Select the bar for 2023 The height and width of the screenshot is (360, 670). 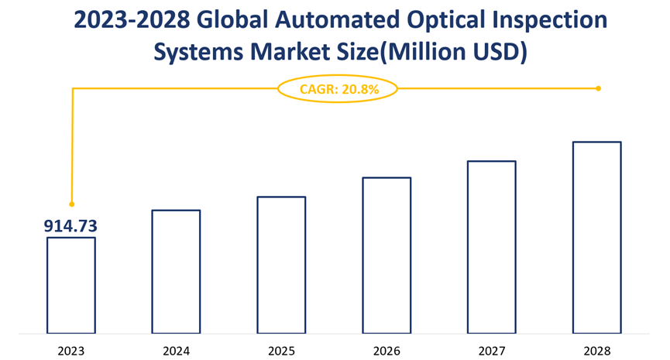pyautogui.click(x=71, y=285)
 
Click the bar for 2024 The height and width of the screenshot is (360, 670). pyautogui.click(x=176, y=271)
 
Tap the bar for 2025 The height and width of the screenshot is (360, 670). pyautogui.click(x=281, y=265)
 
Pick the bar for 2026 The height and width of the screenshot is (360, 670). pyautogui.click(x=387, y=255)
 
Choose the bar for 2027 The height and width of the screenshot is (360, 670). pyautogui.click(x=491, y=247)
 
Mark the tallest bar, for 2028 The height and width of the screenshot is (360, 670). pyautogui.click(x=596, y=237)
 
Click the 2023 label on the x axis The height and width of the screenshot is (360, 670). pyautogui.click(x=71, y=350)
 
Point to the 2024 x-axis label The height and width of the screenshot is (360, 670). pyautogui.click(x=176, y=350)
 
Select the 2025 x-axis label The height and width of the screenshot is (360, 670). pyautogui.click(x=281, y=350)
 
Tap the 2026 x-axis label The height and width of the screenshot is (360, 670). pyautogui.click(x=387, y=350)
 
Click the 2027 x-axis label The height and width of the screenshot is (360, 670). pyautogui.click(x=491, y=350)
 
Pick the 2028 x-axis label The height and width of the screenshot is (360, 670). pyautogui.click(x=596, y=350)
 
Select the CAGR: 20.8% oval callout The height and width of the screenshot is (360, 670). pyautogui.click(x=338, y=89)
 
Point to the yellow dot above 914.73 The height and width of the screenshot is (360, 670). pyautogui.click(x=72, y=204)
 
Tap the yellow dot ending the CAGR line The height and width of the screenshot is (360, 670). pyautogui.click(x=598, y=88)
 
